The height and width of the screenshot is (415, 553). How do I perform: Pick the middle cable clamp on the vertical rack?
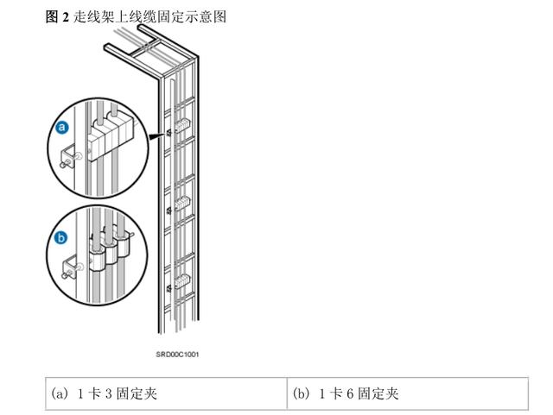(x=182, y=204)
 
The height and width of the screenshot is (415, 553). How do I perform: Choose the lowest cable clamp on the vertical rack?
(x=182, y=280)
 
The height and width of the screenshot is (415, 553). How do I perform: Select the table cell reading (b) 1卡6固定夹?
(x=406, y=393)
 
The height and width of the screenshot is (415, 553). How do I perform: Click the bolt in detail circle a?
(x=66, y=157)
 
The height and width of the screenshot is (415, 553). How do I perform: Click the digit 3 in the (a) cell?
(x=94, y=393)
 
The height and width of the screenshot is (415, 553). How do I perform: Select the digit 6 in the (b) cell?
(x=336, y=393)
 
